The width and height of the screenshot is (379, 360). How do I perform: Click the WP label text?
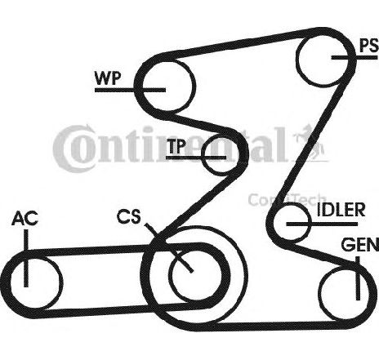(x=107, y=78)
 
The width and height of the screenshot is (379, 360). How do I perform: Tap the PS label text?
(x=369, y=46)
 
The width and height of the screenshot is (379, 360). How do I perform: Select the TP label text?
(x=176, y=146)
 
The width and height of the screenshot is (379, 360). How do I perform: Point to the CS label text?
(x=129, y=216)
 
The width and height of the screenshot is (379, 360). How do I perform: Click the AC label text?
(x=25, y=218)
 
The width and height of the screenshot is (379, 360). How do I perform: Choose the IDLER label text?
(x=341, y=210)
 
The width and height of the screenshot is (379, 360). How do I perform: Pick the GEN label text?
(x=360, y=245)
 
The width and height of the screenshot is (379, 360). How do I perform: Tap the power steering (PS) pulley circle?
(x=323, y=58)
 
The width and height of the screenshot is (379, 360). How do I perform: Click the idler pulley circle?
(x=292, y=224)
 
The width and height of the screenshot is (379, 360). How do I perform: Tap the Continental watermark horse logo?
(x=311, y=144)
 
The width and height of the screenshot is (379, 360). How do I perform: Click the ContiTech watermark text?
(x=287, y=200)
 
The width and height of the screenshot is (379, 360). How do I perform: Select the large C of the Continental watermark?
(x=72, y=149)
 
